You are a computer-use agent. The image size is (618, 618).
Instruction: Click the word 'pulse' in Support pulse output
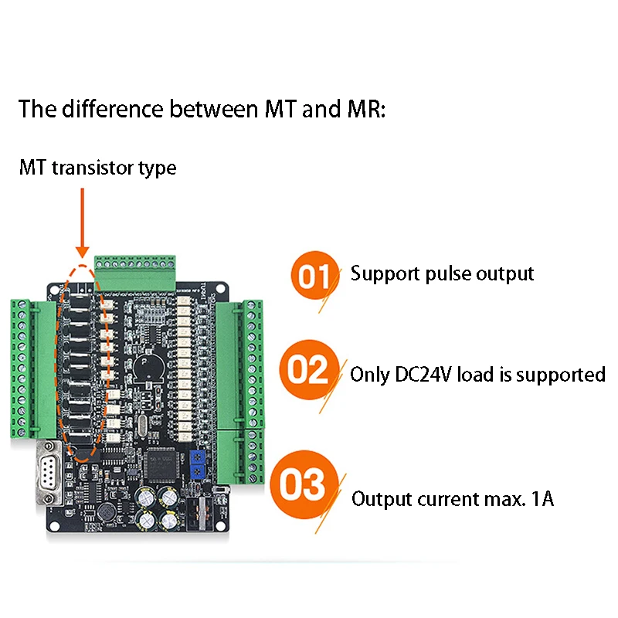(x=439, y=273)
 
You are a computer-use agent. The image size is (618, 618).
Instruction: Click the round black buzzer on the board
(x=144, y=368)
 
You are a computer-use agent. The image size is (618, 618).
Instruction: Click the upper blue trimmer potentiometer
(x=199, y=457)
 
